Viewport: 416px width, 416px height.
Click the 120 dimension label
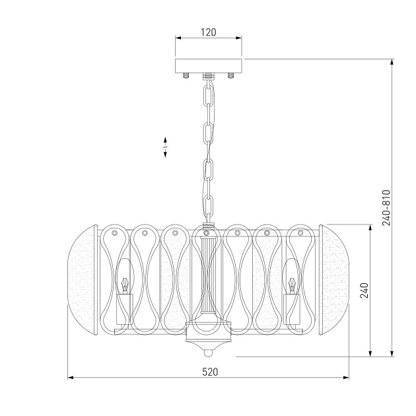click(208, 32)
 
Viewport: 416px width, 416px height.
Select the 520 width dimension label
click(210, 372)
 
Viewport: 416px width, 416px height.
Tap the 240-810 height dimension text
click(386, 208)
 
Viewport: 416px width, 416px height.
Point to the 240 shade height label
click(364, 291)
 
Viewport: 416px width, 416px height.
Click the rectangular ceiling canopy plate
click(209, 66)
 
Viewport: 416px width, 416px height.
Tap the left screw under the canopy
click(186, 76)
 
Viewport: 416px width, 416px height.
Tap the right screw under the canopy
click(231, 76)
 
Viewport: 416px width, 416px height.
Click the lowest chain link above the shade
click(209, 205)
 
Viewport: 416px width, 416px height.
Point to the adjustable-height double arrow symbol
click(165, 147)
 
